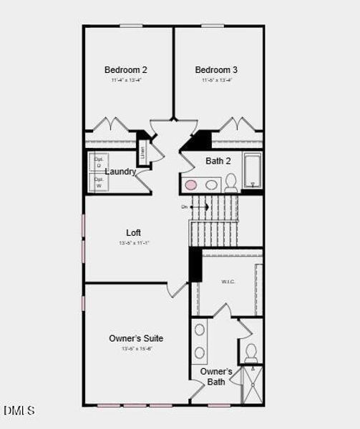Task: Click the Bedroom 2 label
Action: (126, 70)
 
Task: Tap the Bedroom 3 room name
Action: (216, 70)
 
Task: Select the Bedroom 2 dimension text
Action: (126, 81)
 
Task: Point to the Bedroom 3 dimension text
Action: (216, 81)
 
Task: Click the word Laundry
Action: (120, 172)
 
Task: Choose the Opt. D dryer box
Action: (99, 162)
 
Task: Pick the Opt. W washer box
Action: (99, 182)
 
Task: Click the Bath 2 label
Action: (218, 161)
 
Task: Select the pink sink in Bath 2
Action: (191, 185)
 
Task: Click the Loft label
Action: (134, 232)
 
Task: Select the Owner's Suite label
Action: (136, 338)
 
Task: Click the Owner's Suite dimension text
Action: (136, 348)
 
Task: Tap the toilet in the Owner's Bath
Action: (251, 352)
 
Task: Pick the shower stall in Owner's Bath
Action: (252, 385)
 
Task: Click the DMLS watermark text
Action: (19, 410)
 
